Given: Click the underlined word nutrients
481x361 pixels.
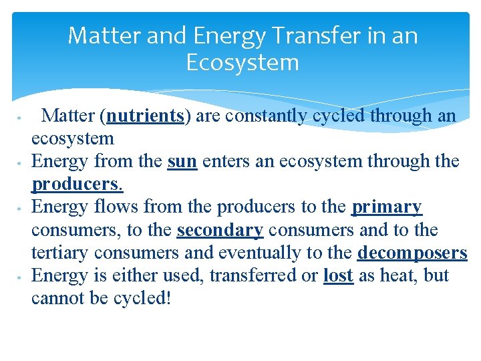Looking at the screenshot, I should pyautogui.click(x=145, y=116).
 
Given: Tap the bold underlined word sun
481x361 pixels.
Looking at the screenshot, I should pyautogui.click(x=182, y=162).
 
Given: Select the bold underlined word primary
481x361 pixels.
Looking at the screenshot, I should pyautogui.click(x=387, y=207).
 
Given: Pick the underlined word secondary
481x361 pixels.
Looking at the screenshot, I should pyautogui.click(x=220, y=231).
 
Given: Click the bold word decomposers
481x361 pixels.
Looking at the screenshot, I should pyautogui.click(x=412, y=253).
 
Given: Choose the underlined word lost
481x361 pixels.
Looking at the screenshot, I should pyautogui.click(x=338, y=276).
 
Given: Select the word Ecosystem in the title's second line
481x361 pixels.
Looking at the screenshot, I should pyautogui.click(x=242, y=63).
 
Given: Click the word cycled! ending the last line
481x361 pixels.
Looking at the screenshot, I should pyautogui.click(x=141, y=298).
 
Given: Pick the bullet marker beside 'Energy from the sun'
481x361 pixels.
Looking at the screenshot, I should pyautogui.click(x=20, y=163).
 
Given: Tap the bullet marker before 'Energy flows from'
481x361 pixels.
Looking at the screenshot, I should pyautogui.click(x=20, y=209).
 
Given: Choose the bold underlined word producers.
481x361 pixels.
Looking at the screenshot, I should pyautogui.click(x=77, y=185).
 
